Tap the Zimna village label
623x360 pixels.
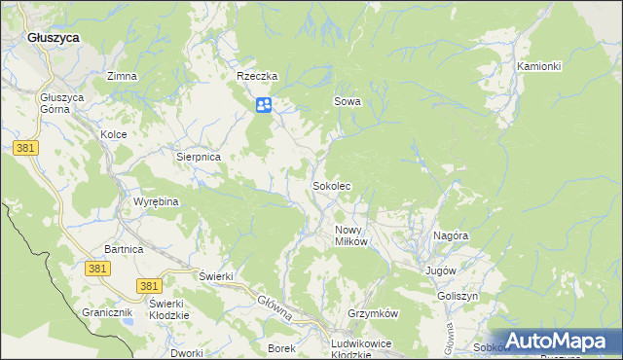click(x=122, y=76)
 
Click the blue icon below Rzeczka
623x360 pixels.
click(x=264, y=105)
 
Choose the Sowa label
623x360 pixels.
click(x=348, y=101)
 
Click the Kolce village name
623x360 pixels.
click(x=114, y=134)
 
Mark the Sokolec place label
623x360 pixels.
click(x=331, y=185)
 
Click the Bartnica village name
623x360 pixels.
click(x=124, y=250)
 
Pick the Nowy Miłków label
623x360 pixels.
click(x=350, y=235)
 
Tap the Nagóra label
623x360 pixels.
click(x=453, y=235)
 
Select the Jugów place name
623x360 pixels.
click(x=441, y=270)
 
